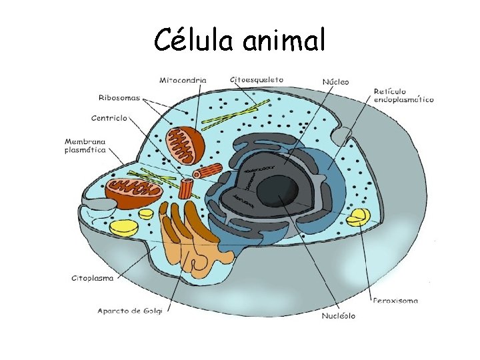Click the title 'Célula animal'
240,41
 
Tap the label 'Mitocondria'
183,80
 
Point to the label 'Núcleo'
335,82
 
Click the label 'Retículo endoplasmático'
403,95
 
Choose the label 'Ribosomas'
119,97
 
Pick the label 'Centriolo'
109,119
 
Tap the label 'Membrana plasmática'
86,146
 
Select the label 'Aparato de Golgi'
130,310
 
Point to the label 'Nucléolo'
338,315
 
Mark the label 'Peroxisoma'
395,301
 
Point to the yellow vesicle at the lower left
124,229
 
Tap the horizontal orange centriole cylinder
211,171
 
